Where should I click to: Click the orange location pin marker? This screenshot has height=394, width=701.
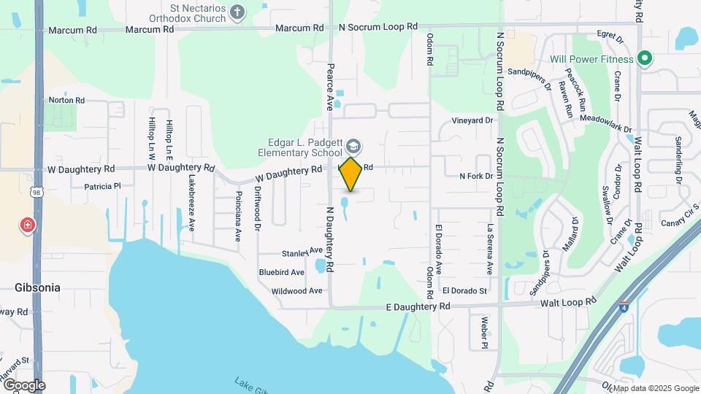click(x=350, y=174)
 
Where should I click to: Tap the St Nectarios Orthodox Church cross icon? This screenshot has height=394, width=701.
click(x=237, y=11)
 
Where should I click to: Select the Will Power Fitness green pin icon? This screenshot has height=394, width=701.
click(x=645, y=58)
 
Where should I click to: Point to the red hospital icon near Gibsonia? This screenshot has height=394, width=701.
click(x=28, y=225)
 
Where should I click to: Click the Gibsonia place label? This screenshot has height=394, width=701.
click(x=37, y=287)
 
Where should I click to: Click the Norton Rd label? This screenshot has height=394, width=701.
click(x=66, y=100)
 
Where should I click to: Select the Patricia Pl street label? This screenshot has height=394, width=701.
click(x=102, y=187)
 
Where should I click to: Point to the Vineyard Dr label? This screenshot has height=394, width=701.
click(x=472, y=120)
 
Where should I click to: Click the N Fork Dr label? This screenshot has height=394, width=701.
click(x=476, y=177)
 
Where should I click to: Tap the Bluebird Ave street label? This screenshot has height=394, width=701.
click(x=281, y=272)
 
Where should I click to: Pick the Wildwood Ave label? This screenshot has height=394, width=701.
click(x=296, y=290)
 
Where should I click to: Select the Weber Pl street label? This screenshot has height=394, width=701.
click(x=484, y=332)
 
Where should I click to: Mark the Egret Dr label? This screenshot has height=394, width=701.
click(x=609, y=34)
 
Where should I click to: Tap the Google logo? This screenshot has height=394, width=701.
click(x=23, y=385)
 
